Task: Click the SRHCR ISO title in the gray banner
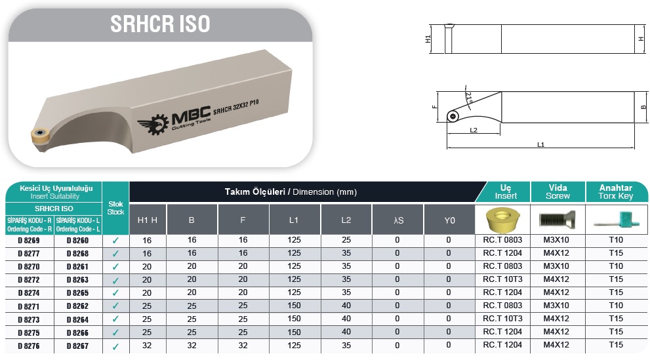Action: (160, 24)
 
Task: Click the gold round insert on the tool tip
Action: (40, 134)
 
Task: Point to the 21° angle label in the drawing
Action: (469, 98)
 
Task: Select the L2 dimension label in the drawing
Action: (474, 130)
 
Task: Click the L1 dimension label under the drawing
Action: (540, 144)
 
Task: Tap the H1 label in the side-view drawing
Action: (428, 39)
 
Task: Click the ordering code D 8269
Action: (29, 240)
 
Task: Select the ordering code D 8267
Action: (77, 346)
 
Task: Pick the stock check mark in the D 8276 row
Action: (115, 346)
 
